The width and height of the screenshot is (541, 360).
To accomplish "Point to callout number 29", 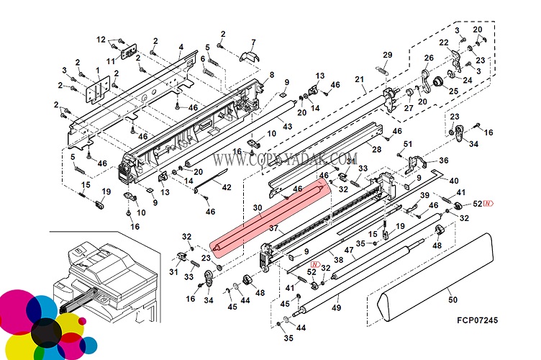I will point(387,55).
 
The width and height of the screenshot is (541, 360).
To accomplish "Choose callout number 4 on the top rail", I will point(181,48).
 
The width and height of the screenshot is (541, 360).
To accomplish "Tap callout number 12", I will point(101,39).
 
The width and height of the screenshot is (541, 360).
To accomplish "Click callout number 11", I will point(111,61).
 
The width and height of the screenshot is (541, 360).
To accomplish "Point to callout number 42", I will point(226,187).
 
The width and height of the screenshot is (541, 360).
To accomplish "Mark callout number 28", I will point(376,148).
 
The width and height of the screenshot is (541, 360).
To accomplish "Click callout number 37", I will point(273,228).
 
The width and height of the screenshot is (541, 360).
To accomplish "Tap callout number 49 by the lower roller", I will point(335,308).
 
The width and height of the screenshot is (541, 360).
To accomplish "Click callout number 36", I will point(443,161).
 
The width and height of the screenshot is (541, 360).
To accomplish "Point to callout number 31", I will point(173,271).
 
